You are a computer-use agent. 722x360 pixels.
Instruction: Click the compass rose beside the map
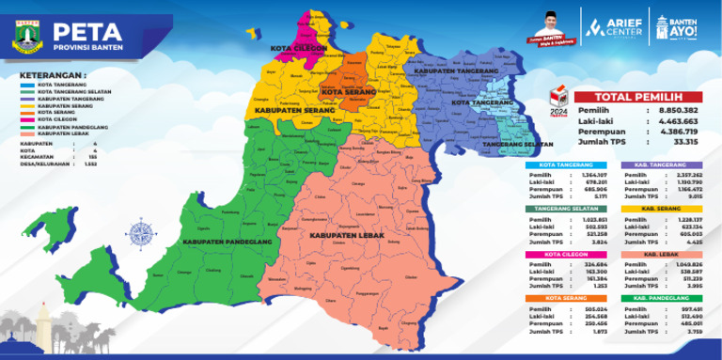tap(142, 231)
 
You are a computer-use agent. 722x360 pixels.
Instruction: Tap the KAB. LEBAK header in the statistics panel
tap(664, 255)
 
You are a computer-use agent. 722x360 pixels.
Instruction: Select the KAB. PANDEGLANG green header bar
tap(664, 299)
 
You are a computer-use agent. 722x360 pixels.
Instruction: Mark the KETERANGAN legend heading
tap(57, 72)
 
